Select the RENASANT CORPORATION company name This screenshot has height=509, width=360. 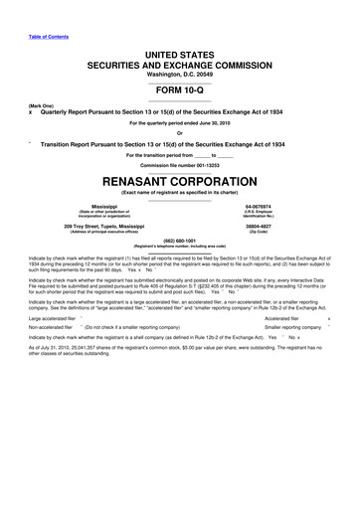179,155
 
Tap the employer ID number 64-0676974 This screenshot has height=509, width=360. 285,180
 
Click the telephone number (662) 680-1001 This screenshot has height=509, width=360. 179,211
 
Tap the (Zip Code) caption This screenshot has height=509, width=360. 285,205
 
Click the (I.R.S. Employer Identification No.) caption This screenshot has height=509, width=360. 285,187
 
